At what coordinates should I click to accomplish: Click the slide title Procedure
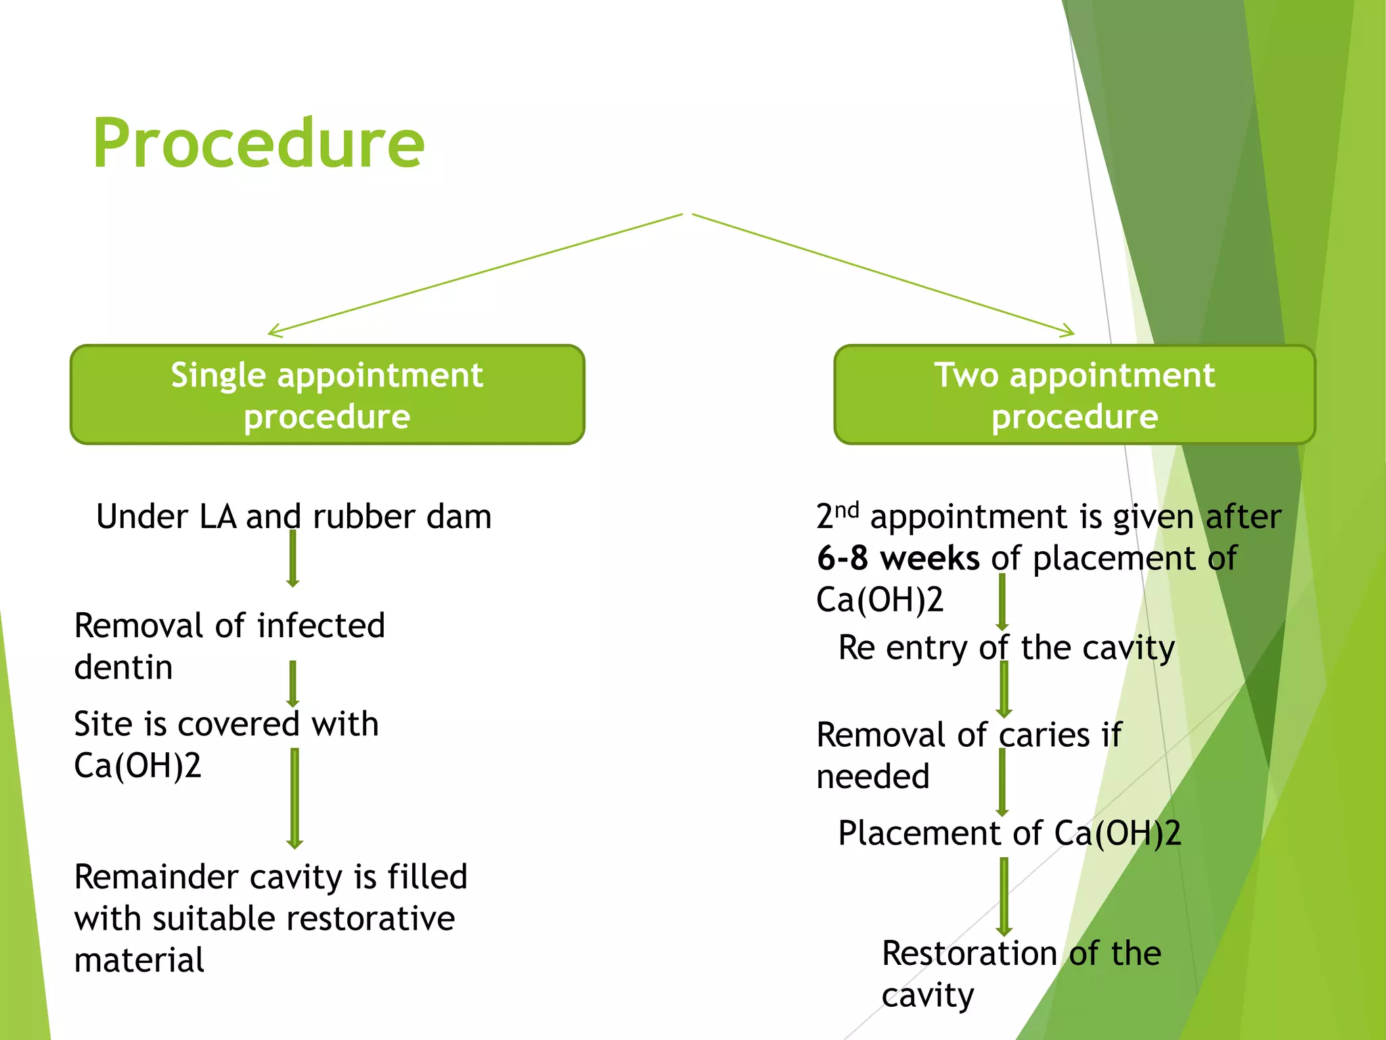pyautogui.click(x=259, y=144)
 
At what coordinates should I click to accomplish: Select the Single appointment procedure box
pyautogui.click(x=327, y=395)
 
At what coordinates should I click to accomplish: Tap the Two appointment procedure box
pyautogui.click(x=1074, y=395)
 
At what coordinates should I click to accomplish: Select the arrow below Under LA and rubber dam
pyautogui.click(x=293, y=559)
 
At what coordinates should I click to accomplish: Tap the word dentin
pyautogui.click(x=123, y=668)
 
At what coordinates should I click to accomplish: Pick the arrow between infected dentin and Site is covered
pyautogui.click(x=293, y=684)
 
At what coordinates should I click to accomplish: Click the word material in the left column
pyautogui.click(x=139, y=961)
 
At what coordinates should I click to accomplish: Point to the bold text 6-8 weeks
pyautogui.click(x=898, y=559)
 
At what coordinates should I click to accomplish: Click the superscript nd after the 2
pyautogui.click(x=847, y=510)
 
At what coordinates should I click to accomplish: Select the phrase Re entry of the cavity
pyautogui.click(x=1006, y=648)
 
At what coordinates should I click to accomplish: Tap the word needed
pyautogui.click(x=873, y=777)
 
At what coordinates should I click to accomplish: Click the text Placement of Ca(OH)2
pyautogui.click(x=1009, y=833)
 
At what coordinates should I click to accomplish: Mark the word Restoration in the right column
pyautogui.click(x=969, y=954)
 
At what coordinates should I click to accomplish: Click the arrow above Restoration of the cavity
pyautogui.click(x=1004, y=896)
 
